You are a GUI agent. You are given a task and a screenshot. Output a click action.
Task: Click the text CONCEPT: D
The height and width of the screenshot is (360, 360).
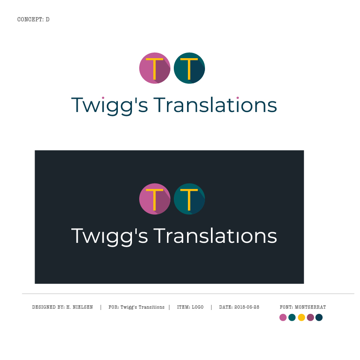(33, 19)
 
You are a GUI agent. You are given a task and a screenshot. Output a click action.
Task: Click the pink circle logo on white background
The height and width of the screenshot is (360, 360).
(155, 68)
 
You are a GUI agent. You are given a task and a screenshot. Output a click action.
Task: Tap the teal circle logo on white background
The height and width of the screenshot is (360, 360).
(189, 68)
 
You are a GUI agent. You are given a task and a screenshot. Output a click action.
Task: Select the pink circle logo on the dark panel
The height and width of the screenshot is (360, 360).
(155, 199)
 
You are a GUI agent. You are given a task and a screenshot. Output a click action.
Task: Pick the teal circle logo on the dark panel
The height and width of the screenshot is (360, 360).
(189, 199)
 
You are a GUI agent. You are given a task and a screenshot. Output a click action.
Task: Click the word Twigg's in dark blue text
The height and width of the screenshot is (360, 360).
(109, 106)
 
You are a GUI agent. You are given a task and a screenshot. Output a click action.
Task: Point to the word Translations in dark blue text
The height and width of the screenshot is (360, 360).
(215, 105)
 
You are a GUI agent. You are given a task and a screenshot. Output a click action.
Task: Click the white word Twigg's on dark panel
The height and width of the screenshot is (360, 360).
(109, 236)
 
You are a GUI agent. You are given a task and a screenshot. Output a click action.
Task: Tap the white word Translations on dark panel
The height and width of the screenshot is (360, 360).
(215, 236)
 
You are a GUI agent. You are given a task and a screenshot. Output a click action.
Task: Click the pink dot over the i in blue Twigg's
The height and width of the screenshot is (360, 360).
(103, 97)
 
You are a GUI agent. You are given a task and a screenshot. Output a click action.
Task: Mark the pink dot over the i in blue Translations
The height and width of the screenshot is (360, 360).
(237, 97)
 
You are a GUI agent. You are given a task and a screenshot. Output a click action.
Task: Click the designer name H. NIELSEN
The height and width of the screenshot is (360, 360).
(79, 307)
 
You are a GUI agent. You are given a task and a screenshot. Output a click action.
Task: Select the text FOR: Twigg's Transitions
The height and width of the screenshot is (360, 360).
(136, 307)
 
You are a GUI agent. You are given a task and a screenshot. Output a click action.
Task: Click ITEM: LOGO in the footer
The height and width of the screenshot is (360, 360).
(190, 307)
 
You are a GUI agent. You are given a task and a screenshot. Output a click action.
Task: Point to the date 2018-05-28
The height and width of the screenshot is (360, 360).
(246, 307)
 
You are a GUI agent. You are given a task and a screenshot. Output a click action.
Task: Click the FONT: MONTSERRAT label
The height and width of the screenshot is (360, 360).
(303, 307)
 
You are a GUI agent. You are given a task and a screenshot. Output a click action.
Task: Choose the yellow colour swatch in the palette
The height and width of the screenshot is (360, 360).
(301, 317)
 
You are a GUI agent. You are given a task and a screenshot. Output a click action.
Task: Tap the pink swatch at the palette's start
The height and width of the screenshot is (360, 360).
(283, 317)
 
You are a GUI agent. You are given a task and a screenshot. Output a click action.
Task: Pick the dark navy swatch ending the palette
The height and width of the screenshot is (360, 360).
(319, 317)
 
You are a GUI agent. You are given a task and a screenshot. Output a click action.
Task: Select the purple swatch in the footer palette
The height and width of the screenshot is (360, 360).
(310, 317)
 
